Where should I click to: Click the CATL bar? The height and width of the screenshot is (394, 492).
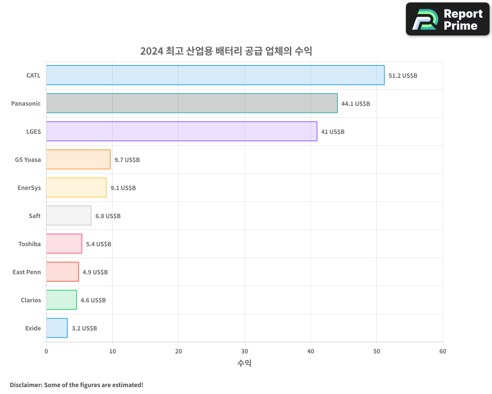pos(215,75)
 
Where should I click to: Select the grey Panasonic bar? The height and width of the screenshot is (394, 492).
pos(192,103)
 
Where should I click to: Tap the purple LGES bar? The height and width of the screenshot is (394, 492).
pos(182,131)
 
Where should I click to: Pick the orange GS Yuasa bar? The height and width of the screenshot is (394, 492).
pos(78,160)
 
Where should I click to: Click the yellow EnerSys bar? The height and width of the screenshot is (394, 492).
pos(76,188)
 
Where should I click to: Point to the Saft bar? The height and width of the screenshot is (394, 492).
pos(69,216)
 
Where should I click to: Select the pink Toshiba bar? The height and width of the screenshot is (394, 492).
pos(64,244)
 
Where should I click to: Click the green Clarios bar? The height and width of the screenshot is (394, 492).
pos(61,300)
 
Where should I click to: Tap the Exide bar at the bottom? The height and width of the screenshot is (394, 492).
pos(57,328)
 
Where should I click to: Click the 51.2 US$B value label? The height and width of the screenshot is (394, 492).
pos(402,76)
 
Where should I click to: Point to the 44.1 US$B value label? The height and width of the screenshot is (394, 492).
pos(355,104)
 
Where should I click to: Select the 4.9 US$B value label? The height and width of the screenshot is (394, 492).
pos(95,272)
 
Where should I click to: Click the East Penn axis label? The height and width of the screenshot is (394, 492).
pos(27,272)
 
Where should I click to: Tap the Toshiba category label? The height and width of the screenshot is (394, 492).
pos(30,244)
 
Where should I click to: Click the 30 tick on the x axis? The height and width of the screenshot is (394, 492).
pos(245,351)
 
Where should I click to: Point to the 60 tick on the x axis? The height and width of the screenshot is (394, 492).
pos(443,351)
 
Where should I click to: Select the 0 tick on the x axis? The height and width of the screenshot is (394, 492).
pos(46,351)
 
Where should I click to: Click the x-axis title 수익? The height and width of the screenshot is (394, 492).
pos(245,363)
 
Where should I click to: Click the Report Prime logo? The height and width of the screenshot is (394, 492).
pos(448,19)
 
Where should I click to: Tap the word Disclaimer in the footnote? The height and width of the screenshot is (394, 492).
pos(26,385)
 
